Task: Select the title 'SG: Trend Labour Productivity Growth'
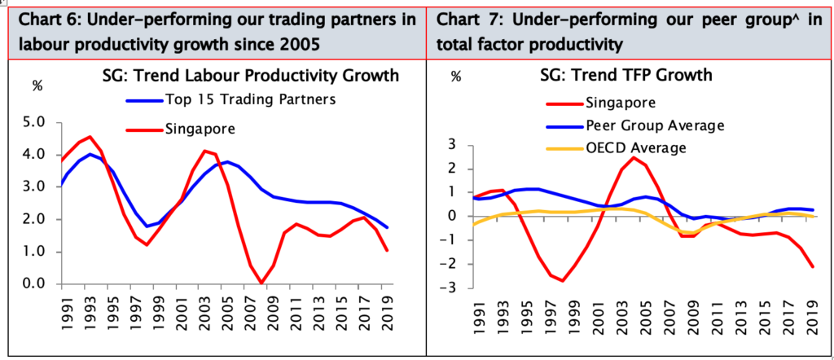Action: (x=244, y=76)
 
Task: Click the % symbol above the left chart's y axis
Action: (x=36, y=85)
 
